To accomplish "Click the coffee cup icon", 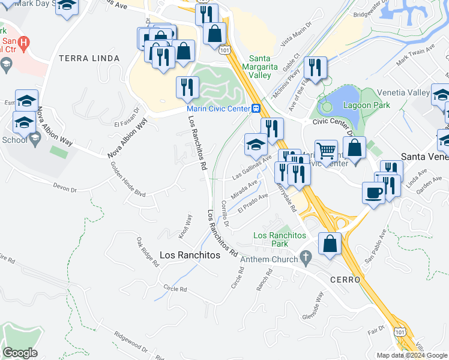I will [x=374, y=193].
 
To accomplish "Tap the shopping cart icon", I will [x=326, y=150].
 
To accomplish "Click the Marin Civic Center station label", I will [x=218, y=109].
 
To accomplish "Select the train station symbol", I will [x=256, y=109].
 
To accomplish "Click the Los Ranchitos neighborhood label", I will [x=190, y=254].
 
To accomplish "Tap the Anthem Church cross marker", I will [x=306, y=257].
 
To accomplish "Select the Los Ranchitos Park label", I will [x=280, y=239].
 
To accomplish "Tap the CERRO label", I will [x=345, y=280].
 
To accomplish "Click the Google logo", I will [x=20, y=353].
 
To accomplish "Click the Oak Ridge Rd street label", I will [x=148, y=252].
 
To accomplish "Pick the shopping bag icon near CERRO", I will [x=330, y=244].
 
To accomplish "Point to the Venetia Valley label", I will [x=403, y=93].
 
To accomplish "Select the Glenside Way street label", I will [x=313, y=307].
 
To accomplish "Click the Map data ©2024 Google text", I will [x=413, y=355].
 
